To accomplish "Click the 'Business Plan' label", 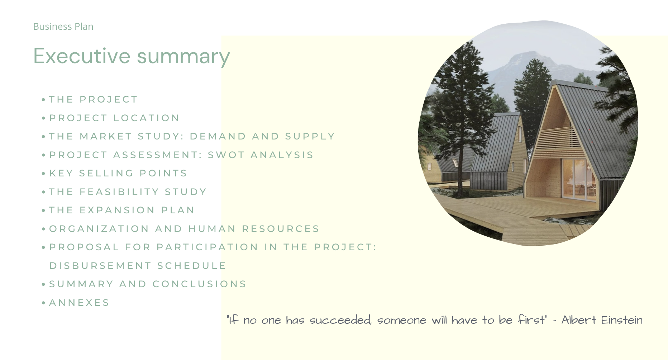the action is (x=63, y=27).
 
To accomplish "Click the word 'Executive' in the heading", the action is (x=82, y=56).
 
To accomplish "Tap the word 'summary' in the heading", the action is (x=183, y=57).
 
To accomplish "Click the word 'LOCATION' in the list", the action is (x=146, y=118).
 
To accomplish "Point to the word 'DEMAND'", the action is (x=218, y=136).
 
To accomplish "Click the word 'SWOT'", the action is (x=226, y=155).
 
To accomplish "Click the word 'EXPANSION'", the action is (x=117, y=210).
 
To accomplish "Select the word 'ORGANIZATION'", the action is (x=99, y=229).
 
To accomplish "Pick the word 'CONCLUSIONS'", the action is (x=199, y=284).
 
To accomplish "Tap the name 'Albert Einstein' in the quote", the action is (x=602, y=320).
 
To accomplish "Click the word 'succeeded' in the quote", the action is (x=340, y=320).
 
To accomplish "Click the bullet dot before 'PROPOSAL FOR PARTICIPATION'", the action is (x=43, y=247).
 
